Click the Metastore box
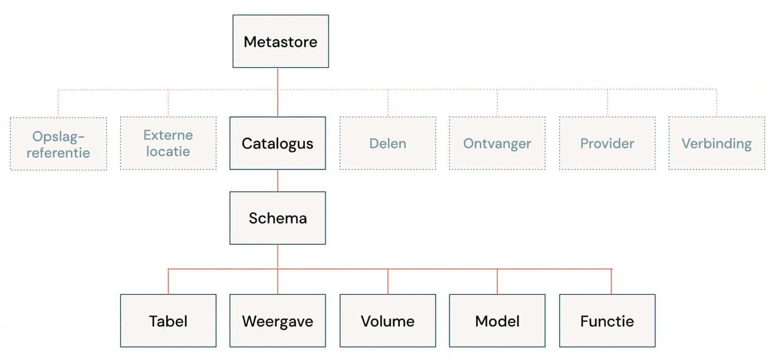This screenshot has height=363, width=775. click(280, 41)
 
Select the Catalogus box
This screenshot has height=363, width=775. click(277, 143)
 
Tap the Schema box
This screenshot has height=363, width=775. click(277, 218)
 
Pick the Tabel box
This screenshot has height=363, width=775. click(168, 321)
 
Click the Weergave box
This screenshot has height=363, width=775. click(277, 321)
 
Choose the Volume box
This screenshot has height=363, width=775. click(387, 321)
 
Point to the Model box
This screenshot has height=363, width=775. click(497, 321)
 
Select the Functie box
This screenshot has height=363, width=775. click(607, 321)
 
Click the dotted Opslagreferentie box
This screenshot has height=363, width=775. click(58, 143)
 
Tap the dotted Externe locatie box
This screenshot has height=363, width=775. click(168, 143)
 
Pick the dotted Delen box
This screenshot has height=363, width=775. click(387, 143)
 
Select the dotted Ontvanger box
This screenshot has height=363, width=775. click(497, 143)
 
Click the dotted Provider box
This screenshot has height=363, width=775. click(607, 143)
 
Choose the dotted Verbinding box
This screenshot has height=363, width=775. click(716, 143)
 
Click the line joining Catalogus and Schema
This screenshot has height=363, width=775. click(278, 180)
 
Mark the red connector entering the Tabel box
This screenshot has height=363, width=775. click(169, 282)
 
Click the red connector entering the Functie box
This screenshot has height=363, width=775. click(611, 282)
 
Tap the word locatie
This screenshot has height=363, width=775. click(168, 152)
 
